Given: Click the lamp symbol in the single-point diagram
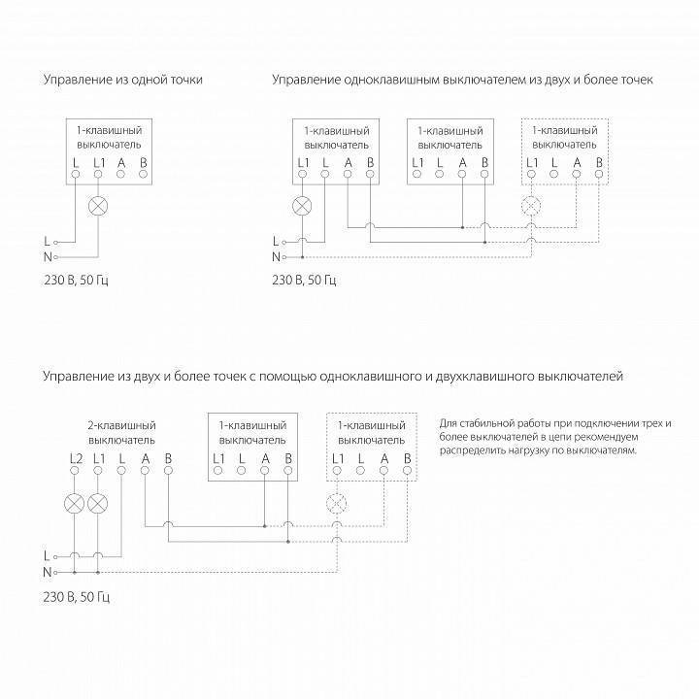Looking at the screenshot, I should pyautogui.click(x=98, y=206).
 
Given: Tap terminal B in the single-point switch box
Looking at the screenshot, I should pyautogui.click(x=143, y=175).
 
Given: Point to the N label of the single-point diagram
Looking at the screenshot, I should pyautogui.click(x=46, y=256).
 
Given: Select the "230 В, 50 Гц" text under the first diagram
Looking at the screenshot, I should pyautogui.click(x=76, y=282).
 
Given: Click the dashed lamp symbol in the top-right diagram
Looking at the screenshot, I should pyautogui.click(x=530, y=206).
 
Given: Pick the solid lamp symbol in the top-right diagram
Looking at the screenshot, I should pyautogui.click(x=303, y=206).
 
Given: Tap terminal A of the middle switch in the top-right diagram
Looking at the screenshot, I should pyautogui.click(x=463, y=175).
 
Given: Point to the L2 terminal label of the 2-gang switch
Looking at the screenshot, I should pyautogui.click(x=76, y=457).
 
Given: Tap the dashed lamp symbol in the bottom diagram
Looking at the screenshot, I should pyautogui.click(x=337, y=503).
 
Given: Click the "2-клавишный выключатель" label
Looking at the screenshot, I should pyautogui.click(x=121, y=433).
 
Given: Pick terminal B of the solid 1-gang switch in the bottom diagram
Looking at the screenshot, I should pyautogui.click(x=288, y=471).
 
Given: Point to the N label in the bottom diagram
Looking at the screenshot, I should pyautogui.click(x=46, y=572).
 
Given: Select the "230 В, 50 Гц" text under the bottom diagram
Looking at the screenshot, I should pyautogui.click(x=76, y=596).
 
